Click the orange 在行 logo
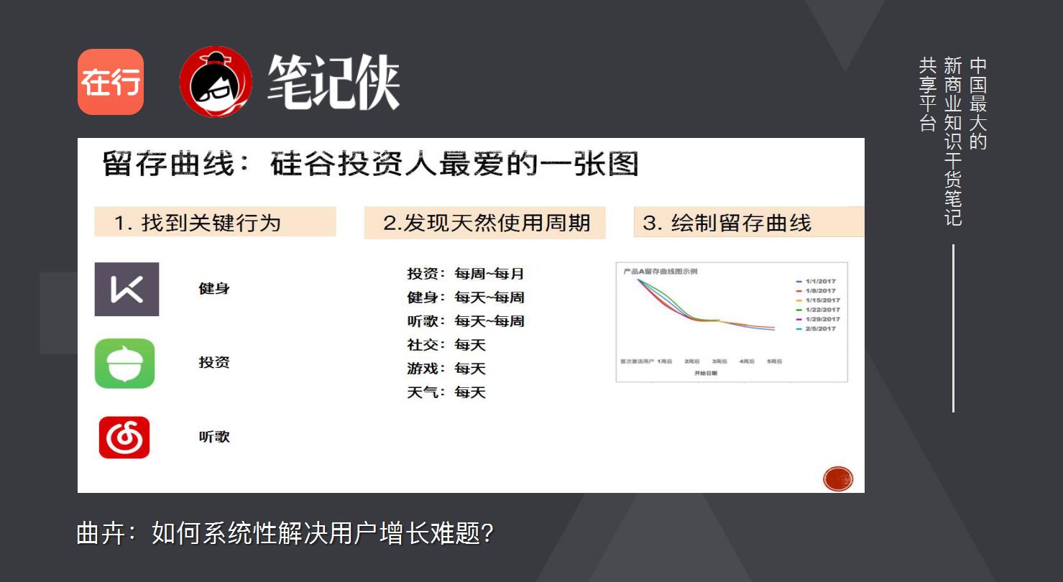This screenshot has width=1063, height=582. click(x=111, y=82)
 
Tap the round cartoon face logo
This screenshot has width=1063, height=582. click(x=216, y=82)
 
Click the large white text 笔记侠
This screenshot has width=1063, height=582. click(x=333, y=83)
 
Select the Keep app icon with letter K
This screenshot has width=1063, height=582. click(x=126, y=290)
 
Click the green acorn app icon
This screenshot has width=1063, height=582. click(x=125, y=364)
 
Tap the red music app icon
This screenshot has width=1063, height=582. click(x=124, y=437)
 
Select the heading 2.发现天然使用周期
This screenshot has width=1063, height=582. click(x=485, y=223)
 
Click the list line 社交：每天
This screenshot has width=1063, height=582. click(x=446, y=345)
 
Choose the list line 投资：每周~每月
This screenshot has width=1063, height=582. click(x=466, y=274)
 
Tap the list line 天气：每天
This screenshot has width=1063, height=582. click(x=446, y=392)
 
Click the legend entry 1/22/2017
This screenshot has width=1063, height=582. click(x=822, y=310)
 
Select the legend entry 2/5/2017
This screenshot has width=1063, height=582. click(x=820, y=328)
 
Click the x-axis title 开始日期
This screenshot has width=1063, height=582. click(x=705, y=374)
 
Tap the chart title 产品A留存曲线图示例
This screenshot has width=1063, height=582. click(x=660, y=272)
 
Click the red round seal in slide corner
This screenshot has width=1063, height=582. click(x=838, y=479)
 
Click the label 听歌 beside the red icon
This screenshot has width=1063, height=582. click(x=214, y=437)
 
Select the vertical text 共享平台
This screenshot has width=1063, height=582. click(x=928, y=95)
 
